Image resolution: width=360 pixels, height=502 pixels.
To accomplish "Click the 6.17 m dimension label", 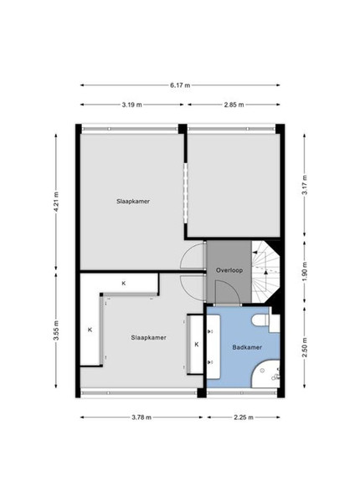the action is point(180,85).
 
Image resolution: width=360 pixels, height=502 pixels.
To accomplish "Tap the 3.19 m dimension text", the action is point(131,105).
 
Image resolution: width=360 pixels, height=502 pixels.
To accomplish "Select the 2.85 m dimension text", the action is point(234,105).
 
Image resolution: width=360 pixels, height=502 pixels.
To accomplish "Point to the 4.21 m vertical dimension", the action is point(56,202).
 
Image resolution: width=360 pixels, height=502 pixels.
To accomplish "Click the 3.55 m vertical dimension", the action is point(56,330).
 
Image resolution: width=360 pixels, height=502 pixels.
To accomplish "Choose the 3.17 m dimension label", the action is point(305,185).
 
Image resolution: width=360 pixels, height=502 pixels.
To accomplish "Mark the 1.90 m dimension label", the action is point(305,272).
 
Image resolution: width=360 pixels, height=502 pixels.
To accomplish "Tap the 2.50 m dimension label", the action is point(305,347).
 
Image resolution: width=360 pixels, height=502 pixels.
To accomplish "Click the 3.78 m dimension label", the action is point(141,417).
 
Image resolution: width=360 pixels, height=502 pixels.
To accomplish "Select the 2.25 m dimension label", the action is point(244,417).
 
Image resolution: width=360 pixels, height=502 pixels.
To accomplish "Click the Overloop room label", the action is point(229,270).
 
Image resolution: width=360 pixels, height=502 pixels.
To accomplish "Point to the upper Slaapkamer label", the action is point(133,202).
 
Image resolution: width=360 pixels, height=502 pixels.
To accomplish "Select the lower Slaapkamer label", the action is point(149,337).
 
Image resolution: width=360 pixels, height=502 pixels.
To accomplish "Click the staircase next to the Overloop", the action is point(265,272).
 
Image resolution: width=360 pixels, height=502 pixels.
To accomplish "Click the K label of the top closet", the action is point(124,284).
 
